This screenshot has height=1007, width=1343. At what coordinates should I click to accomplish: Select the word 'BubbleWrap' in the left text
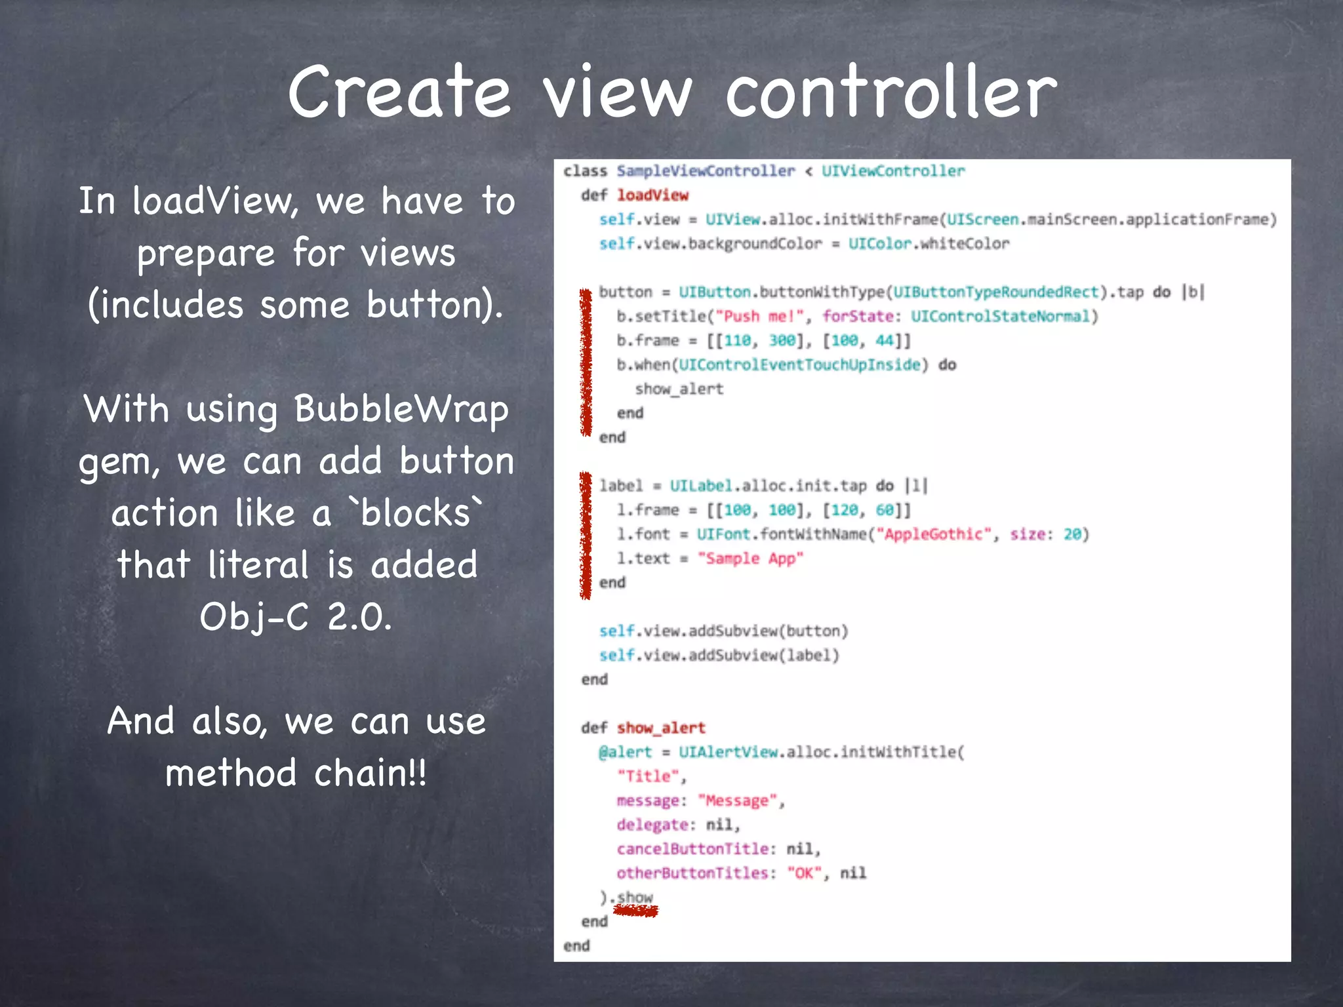click(401, 410)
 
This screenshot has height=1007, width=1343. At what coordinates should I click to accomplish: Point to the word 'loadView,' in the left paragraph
click(216, 201)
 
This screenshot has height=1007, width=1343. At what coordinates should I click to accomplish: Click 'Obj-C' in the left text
click(254, 617)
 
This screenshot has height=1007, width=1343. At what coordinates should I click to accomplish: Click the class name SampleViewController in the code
click(705, 171)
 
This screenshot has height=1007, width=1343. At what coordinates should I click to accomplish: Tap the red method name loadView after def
click(652, 195)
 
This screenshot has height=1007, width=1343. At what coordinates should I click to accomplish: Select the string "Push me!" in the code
click(759, 317)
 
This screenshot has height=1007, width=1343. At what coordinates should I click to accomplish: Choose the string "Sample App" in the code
click(750, 559)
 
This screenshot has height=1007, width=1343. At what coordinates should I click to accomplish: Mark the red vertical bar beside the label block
click(585, 535)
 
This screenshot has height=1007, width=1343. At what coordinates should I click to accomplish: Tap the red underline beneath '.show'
click(635, 911)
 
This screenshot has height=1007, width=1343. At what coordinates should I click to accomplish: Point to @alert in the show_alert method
click(625, 752)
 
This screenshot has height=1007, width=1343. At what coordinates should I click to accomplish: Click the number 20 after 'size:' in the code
click(1072, 534)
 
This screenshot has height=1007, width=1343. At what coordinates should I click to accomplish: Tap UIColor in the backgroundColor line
click(879, 244)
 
